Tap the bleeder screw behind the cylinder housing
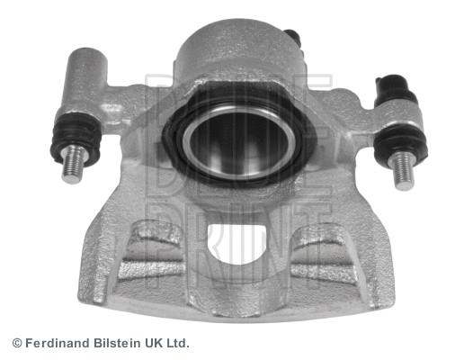pos(291,38)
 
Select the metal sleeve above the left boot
pos(87,81)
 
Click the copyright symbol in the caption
pos(16,343)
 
